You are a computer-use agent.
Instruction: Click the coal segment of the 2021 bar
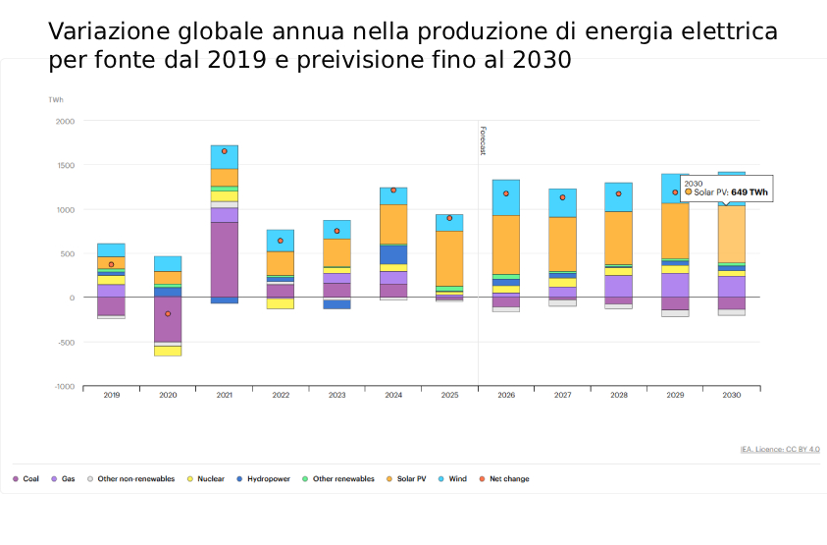(225, 259)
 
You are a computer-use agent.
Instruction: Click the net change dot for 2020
(168, 314)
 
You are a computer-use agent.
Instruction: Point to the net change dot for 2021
(225, 151)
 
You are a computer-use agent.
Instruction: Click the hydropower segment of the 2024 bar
(393, 254)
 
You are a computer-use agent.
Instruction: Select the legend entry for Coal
(28, 479)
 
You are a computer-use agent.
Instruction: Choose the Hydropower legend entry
(264, 479)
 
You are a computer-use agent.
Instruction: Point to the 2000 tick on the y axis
(65, 121)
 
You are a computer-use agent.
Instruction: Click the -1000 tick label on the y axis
(64, 387)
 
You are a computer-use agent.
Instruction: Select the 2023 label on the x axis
(336, 395)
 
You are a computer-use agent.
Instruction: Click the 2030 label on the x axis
(731, 395)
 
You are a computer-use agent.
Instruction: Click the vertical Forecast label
(483, 139)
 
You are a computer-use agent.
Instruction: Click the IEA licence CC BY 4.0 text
(780, 450)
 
